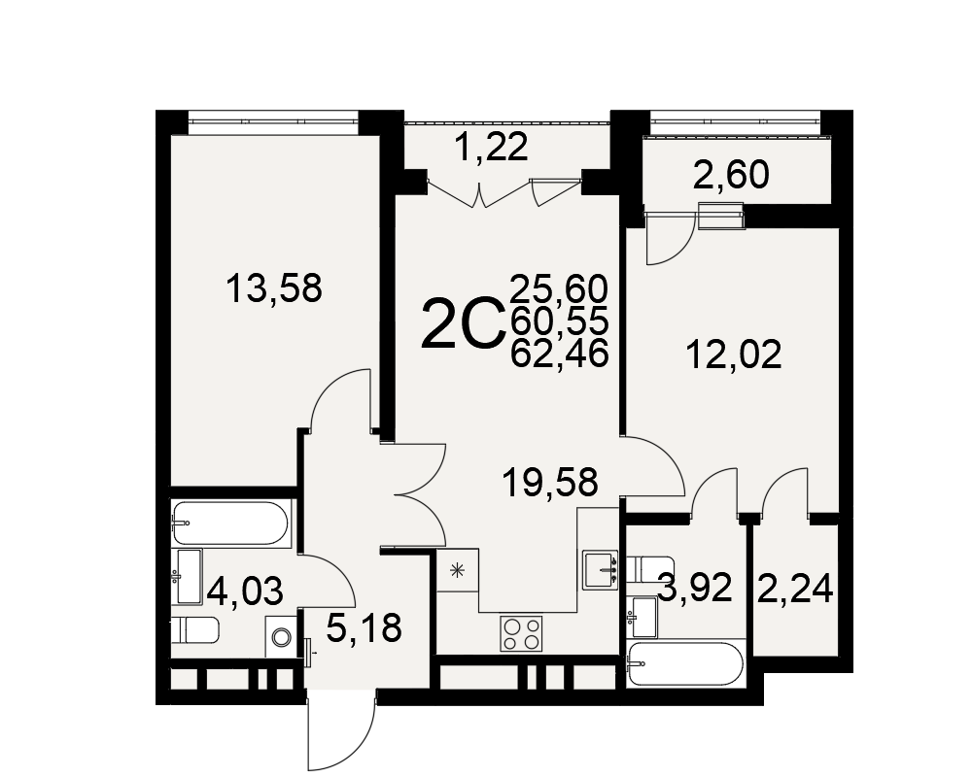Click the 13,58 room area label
[x=274, y=288]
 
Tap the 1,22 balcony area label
[x=492, y=148]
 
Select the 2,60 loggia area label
[x=732, y=175]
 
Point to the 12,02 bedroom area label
[x=734, y=355]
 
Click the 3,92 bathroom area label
[x=696, y=588]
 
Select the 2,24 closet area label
[x=795, y=589]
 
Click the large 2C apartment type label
[x=462, y=322]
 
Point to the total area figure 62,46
[x=559, y=355]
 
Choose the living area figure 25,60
[x=559, y=288]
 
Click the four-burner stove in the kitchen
[x=521, y=634]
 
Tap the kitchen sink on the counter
[x=601, y=569]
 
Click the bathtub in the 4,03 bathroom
[x=230, y=523]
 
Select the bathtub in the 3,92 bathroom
[x=684, y=664]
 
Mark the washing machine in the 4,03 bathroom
[x=282, y=636]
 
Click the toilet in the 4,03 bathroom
[x=195, y=630]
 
